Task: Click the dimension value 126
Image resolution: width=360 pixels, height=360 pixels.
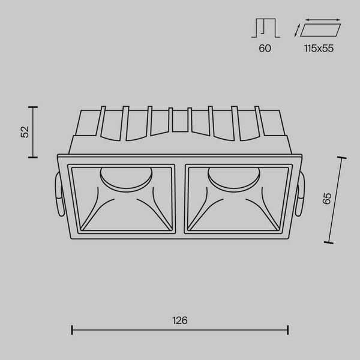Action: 179,321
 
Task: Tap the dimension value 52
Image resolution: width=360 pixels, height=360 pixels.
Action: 25,132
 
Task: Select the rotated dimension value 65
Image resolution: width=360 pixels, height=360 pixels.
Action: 327,199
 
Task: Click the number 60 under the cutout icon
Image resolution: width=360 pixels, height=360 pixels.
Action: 265,49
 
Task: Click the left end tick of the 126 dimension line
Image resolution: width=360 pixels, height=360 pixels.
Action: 72,329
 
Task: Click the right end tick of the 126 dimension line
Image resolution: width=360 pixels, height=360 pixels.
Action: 288,329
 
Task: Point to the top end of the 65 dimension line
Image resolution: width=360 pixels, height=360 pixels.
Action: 343,158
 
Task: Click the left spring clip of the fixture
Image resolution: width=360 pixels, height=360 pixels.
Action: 57,195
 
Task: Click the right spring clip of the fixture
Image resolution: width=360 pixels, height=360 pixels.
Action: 302,195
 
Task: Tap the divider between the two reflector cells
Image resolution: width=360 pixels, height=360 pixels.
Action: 181,198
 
